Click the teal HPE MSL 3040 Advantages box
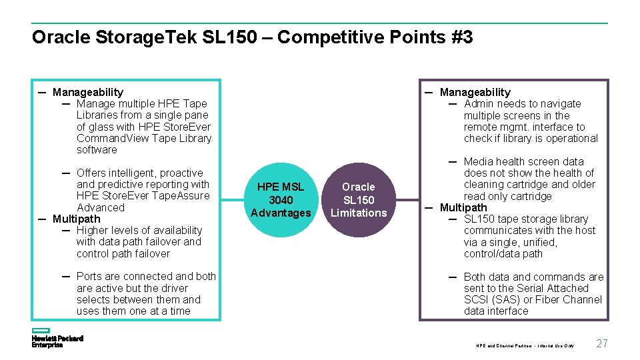point(281,200)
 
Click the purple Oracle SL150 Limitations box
point(359,200)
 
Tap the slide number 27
point(601,343)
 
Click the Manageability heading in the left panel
point(87,92)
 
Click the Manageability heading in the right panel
point(475,92)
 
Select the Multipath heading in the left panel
point(76,219)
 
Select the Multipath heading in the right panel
point(463,207)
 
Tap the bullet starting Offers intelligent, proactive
point(143,190)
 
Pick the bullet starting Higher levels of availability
point(139,242)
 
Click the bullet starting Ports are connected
point(145,293)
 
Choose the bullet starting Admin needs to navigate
point(530,121)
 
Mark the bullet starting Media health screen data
point(529,179)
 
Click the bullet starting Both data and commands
point(533,293)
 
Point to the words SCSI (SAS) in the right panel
point(496,299)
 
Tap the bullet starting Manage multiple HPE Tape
point(143,127)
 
